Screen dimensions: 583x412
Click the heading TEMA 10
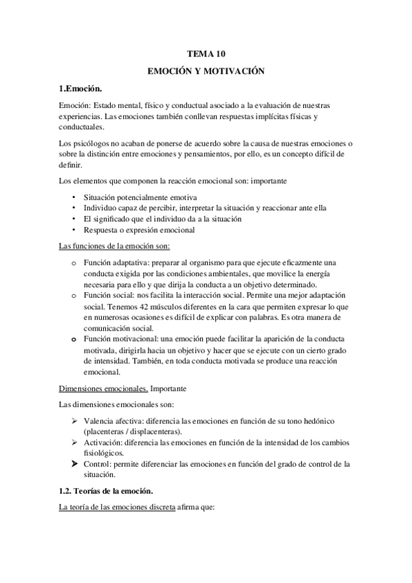[206, 52]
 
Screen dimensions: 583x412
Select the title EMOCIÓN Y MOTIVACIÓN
[206, 71]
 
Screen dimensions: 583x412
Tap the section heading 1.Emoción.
[81, 89]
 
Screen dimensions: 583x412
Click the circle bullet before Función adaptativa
[74, 263]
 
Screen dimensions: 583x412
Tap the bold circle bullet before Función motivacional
[74, 340]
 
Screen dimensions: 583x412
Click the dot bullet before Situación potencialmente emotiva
[74, 197]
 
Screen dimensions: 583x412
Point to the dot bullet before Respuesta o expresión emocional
[74, 230]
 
